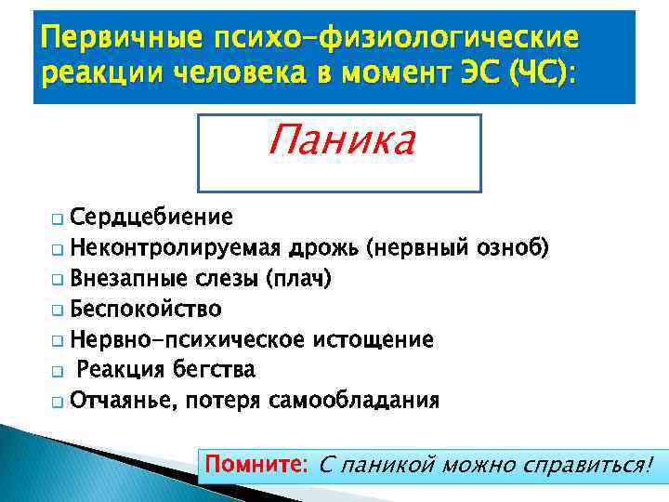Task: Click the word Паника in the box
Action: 341,141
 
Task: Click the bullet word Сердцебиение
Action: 151,218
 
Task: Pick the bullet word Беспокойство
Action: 147,310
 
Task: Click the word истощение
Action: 378,339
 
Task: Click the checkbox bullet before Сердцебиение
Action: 58,220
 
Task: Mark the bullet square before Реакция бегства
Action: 58,372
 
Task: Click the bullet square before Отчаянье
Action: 58,403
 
